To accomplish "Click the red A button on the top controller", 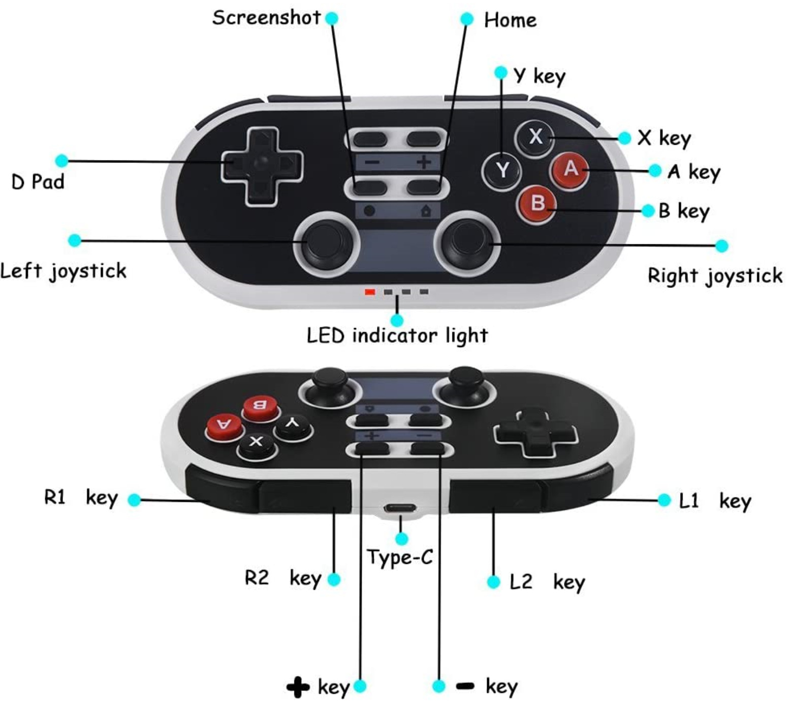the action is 570,169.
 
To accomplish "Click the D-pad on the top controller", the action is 262,165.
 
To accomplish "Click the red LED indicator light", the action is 370,292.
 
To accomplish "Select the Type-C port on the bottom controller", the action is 400,507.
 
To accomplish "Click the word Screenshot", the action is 266,18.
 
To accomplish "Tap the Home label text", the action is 510,20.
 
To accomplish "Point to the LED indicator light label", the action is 397,336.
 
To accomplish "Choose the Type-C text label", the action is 400,557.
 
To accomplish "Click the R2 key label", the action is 283,578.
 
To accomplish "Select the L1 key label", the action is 714,501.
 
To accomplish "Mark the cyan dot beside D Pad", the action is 61,161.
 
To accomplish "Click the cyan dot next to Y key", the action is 501,72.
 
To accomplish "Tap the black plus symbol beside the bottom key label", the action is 298,687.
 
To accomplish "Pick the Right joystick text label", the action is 715,276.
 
